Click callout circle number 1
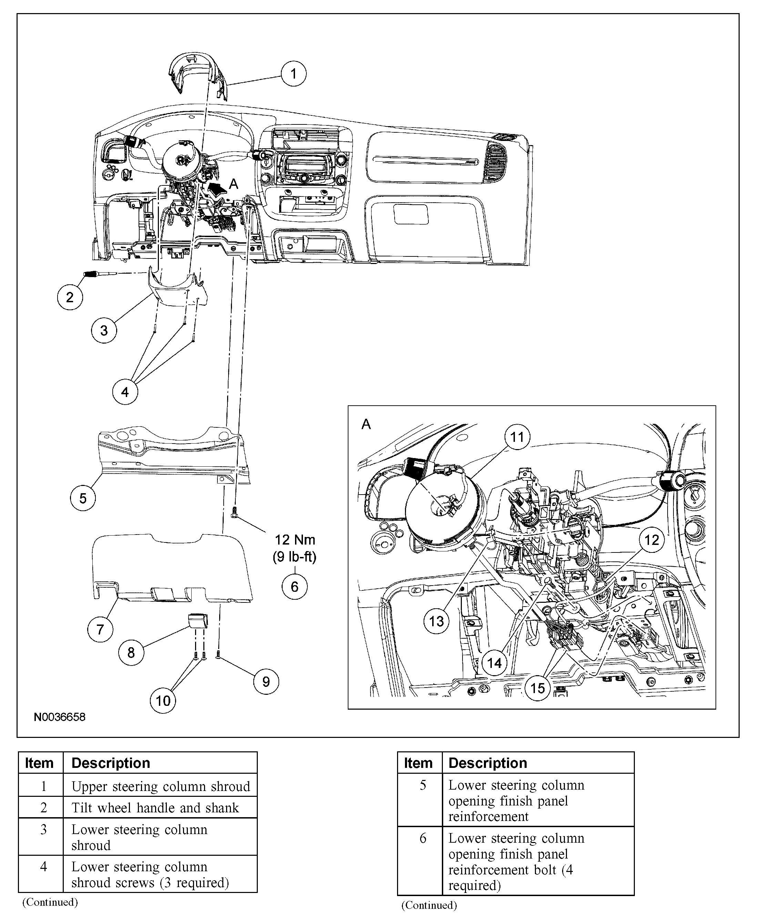click(x=293, y=74)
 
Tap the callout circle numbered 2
click(x=70, y=297)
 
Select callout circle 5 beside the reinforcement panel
click(x=83, y=498)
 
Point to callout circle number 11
click(x=517, y=437)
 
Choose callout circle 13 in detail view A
click(x=436, y=621)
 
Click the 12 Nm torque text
click(x=295, y=540)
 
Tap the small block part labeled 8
click(x=198, y=621)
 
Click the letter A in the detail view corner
click(x=366, y=424)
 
